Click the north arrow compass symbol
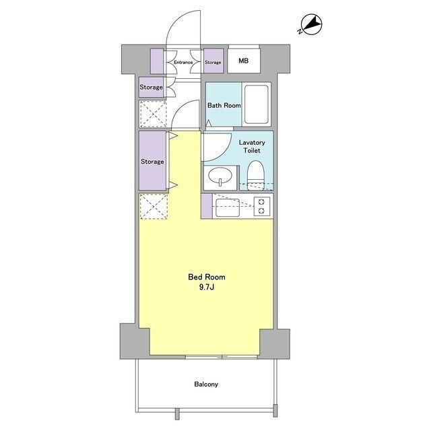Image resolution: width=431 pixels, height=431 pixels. coord(310,25)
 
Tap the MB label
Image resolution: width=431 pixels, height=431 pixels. coord(244,61)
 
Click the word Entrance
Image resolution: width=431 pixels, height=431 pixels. coord(183,63)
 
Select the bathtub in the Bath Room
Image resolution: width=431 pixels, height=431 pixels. coord(256,104)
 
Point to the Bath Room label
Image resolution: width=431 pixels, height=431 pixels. coord(224,105)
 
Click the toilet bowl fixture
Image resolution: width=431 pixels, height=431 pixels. coord(256,175)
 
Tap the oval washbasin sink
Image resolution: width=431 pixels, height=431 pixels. coord(220,176)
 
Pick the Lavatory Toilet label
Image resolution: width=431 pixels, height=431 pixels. coord(252,147)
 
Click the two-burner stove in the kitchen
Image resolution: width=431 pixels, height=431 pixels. coord(262,206)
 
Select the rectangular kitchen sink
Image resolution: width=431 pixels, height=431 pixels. coord(228,207)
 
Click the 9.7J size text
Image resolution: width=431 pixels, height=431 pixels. coord(207,288)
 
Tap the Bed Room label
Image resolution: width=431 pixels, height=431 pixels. coord(207,277)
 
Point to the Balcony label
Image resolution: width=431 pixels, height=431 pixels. coord(206,384)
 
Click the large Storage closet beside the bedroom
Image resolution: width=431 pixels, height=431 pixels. coord(153,161)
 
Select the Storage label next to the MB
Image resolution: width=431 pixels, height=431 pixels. coord(213,63)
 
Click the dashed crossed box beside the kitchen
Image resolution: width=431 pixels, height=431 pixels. coord(154,207)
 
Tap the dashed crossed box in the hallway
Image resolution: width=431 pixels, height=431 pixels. coord(153,114)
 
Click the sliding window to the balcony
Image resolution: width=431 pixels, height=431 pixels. coord(222,357)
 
